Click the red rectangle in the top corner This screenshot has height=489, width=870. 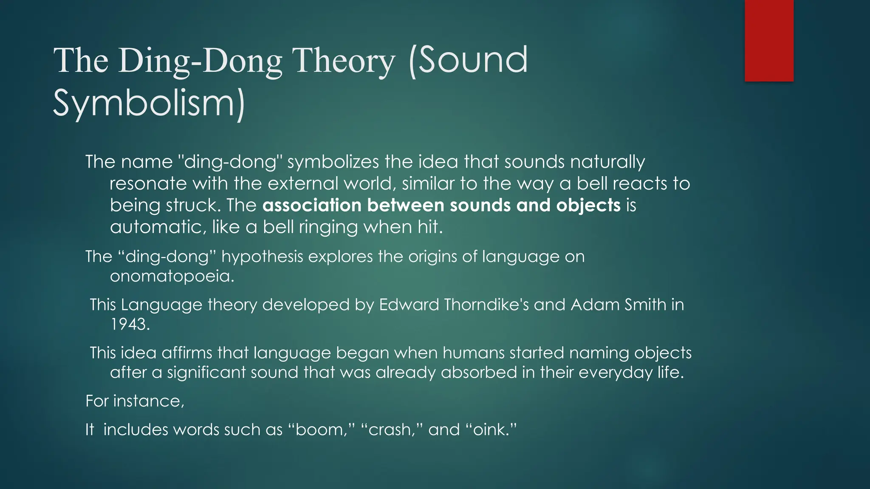(769, 41)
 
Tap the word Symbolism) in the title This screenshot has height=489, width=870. (149, 103)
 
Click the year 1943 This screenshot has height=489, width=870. (130, 324)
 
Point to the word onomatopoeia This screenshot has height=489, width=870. (172, 276)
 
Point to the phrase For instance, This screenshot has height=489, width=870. (135, 401)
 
